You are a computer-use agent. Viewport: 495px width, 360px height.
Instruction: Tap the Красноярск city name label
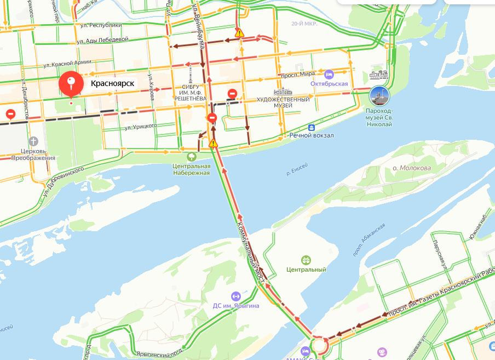click(x=112, y=84)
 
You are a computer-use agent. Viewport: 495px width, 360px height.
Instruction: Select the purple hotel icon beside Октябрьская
click(x=329, y=74)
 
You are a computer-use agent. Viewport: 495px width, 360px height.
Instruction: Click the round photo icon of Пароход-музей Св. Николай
click(x=379, y=96)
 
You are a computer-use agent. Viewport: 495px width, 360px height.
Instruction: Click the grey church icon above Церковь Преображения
click(x=34, y=141)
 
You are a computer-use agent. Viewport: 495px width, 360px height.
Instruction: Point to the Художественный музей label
click(x=284, y=102)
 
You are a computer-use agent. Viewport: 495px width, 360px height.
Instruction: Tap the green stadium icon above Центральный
click(x=306, y=260)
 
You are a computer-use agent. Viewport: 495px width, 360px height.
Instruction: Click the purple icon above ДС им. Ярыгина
click(x=236, y=296)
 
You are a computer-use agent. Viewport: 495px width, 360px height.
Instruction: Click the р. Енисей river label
click(x=297, y=169)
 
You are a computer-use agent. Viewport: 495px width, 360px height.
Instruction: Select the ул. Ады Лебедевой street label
click(x=102, y=40)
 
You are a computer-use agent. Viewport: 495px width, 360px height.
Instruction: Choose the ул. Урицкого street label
click(x=141, y=126)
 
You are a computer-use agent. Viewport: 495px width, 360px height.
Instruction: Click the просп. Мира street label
click(x=296, y=75)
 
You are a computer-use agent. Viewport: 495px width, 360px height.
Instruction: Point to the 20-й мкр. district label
click(x=304, y=24)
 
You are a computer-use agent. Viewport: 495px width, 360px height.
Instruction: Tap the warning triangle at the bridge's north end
click(x=213, y=144)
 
